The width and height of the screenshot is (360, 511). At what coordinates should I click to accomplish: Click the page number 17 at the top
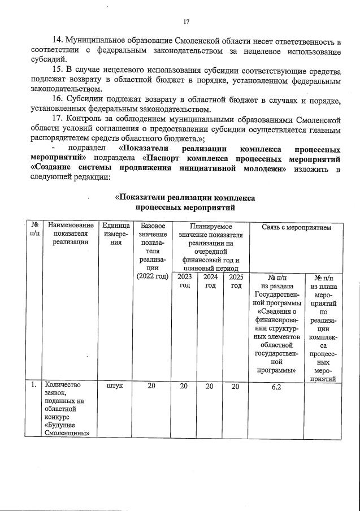[186, 22]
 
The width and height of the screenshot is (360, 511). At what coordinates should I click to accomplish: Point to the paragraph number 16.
[57, 100]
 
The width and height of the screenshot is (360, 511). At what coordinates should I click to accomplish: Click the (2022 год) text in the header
[153, 276]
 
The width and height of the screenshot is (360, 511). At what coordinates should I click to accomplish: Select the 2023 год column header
[184, 281]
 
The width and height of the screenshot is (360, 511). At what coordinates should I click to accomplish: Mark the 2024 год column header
[210, 281]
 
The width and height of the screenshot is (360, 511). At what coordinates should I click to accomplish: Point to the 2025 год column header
[236, 281]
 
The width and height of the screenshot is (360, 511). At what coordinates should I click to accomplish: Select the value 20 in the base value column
[151, 386]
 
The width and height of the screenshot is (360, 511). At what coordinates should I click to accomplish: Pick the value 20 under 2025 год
[236, 386]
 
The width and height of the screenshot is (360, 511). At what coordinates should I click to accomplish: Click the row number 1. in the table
[34, 386]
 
